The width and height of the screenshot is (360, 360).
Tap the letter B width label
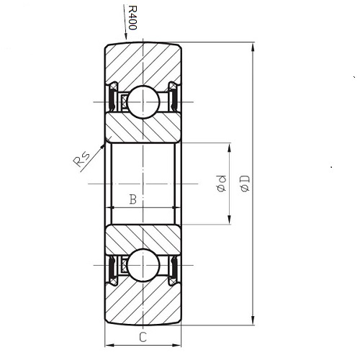pyautogui.click(x=132, y=199)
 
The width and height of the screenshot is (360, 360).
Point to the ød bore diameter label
pyautogui.click(x=222, y=184)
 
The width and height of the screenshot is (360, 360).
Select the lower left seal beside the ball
pyautogui.click(x=113, y=268)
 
